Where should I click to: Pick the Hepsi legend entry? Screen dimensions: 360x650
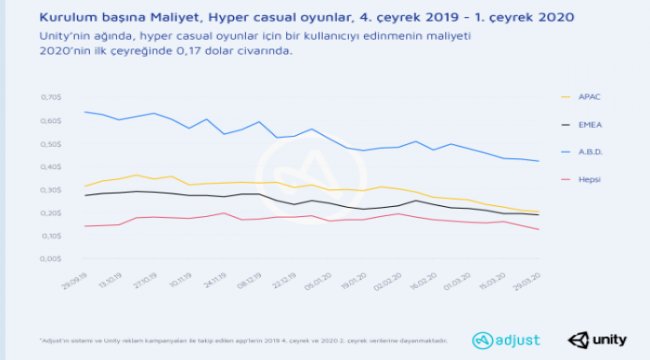point(593,180)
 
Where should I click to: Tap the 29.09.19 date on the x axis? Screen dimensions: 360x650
point(73,275)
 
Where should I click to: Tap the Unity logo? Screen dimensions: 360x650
point(589,339)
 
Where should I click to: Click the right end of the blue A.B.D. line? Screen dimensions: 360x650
point(539,161)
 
